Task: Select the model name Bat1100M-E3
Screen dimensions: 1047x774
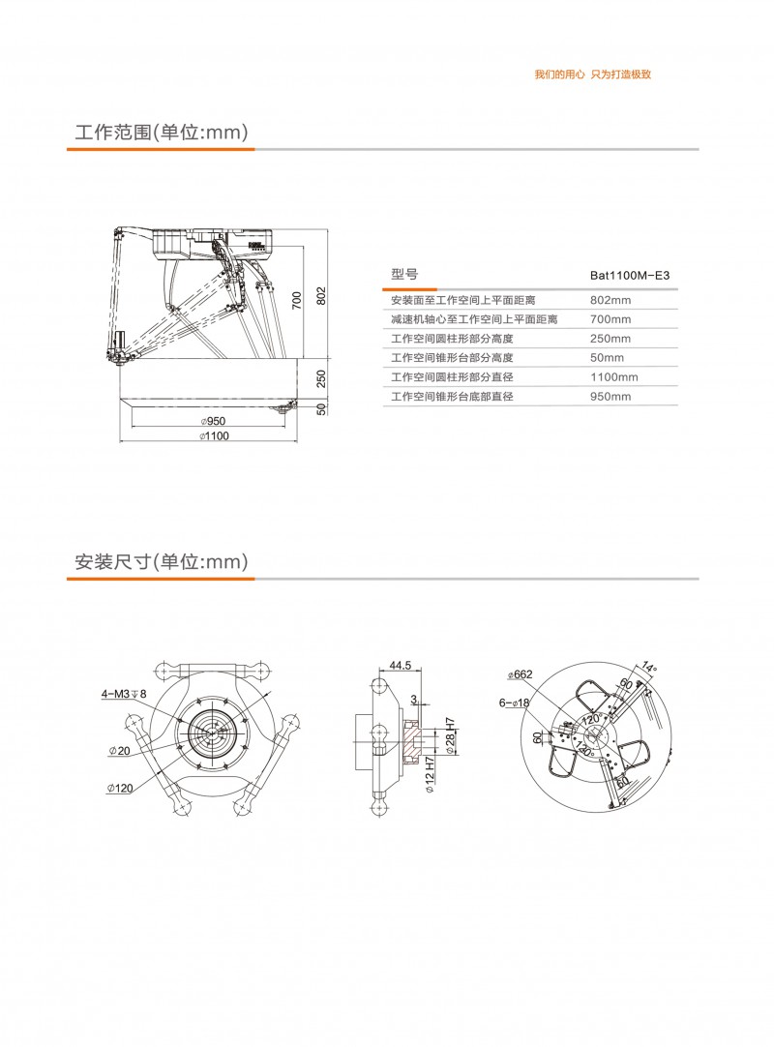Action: coord(629,276)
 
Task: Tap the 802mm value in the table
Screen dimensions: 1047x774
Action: coord(610,300)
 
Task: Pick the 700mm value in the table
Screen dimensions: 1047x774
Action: coord(610,319)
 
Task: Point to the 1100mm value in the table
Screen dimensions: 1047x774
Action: coord(614,377)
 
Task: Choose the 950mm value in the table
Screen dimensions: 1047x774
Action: coord(610,397)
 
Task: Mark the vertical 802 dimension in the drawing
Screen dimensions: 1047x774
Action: coord(321,295)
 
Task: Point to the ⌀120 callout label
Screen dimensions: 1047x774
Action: coord(119,789)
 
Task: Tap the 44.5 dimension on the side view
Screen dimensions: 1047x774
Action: coord(400,666)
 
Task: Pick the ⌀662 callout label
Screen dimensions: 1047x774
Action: coord(520,674)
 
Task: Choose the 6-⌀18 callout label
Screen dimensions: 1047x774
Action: coord(514,703)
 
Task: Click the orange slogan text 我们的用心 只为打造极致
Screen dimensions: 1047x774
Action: coord(592,75)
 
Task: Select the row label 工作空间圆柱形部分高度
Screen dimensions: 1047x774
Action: coord(451,339)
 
